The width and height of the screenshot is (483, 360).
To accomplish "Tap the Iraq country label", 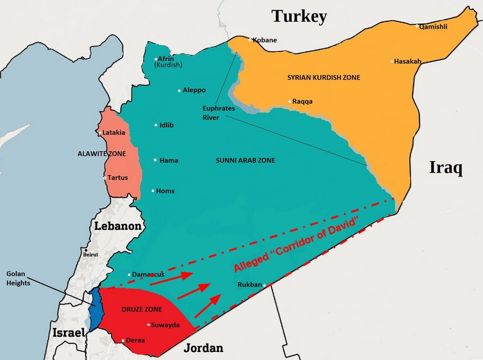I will coord(446,168).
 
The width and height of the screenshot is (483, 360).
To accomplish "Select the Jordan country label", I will coord(203,348).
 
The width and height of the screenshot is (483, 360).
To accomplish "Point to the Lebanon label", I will coord(118,226).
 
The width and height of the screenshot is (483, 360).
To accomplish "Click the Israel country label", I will coord(68,332).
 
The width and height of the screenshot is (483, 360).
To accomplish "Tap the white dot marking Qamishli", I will coord(417,26).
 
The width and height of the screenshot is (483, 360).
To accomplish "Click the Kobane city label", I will coord(265,40).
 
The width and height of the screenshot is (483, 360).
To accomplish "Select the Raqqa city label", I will coord(303,102).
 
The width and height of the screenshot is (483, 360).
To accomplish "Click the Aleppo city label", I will coord(194,90).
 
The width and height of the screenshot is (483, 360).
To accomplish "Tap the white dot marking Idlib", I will coord(156,125).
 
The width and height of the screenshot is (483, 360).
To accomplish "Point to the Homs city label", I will coord(166,191).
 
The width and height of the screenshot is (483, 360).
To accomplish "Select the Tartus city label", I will coord(117,178).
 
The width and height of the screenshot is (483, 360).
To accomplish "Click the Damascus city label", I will coord(148,274).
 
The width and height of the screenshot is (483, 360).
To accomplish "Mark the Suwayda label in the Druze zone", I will coord(166,325).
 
